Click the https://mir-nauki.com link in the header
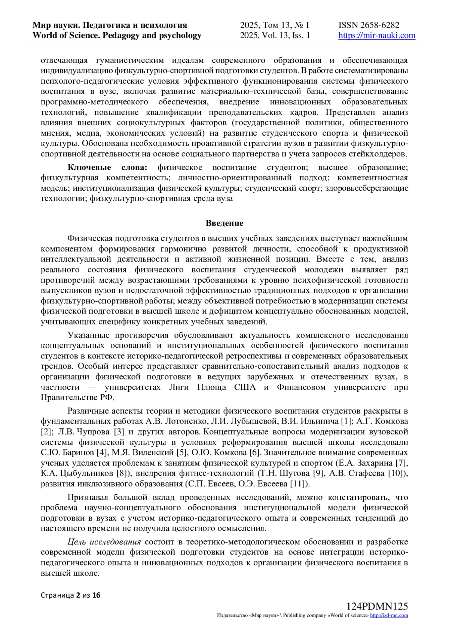(x=377, y=36)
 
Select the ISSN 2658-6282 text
(x=369, y=25)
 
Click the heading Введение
(x=224, y=223)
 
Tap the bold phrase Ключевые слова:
(x=107, y=167)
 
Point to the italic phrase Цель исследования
(x=104, y=542)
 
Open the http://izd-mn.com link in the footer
(x=389, y=616)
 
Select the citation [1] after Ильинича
(x=346, y=421)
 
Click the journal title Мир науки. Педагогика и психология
(x=110, y=25)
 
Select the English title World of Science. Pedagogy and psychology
(x=117, y=36)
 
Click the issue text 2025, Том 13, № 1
(x=275, y=25)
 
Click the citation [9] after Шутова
(x=318, y=473)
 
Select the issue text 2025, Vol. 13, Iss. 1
(x=275, y=36)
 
